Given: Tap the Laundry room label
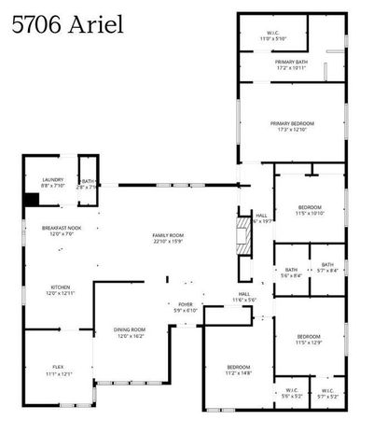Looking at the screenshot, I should point(51,183).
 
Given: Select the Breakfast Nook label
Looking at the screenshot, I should point(62,231).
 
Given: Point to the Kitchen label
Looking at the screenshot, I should point(62,290).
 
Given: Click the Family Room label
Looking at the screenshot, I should point(169,238).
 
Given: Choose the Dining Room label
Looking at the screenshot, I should point(130,332).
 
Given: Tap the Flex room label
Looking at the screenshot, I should point(59,371).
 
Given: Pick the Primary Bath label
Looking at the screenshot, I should point(292,64).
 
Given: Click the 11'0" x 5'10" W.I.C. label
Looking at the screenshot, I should point(272,35).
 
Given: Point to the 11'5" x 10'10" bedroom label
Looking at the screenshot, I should point(310,210).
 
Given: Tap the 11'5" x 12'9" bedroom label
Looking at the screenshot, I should point(309,339).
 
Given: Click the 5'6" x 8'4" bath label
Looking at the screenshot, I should point(291,273).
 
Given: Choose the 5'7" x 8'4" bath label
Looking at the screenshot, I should point(327,268).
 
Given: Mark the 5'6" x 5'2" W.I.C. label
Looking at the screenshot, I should point(291,393).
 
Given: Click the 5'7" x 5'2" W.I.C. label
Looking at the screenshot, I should point(327,393).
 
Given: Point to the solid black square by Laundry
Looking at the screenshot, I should point(30,198).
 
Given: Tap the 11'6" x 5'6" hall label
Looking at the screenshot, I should point(244,297).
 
